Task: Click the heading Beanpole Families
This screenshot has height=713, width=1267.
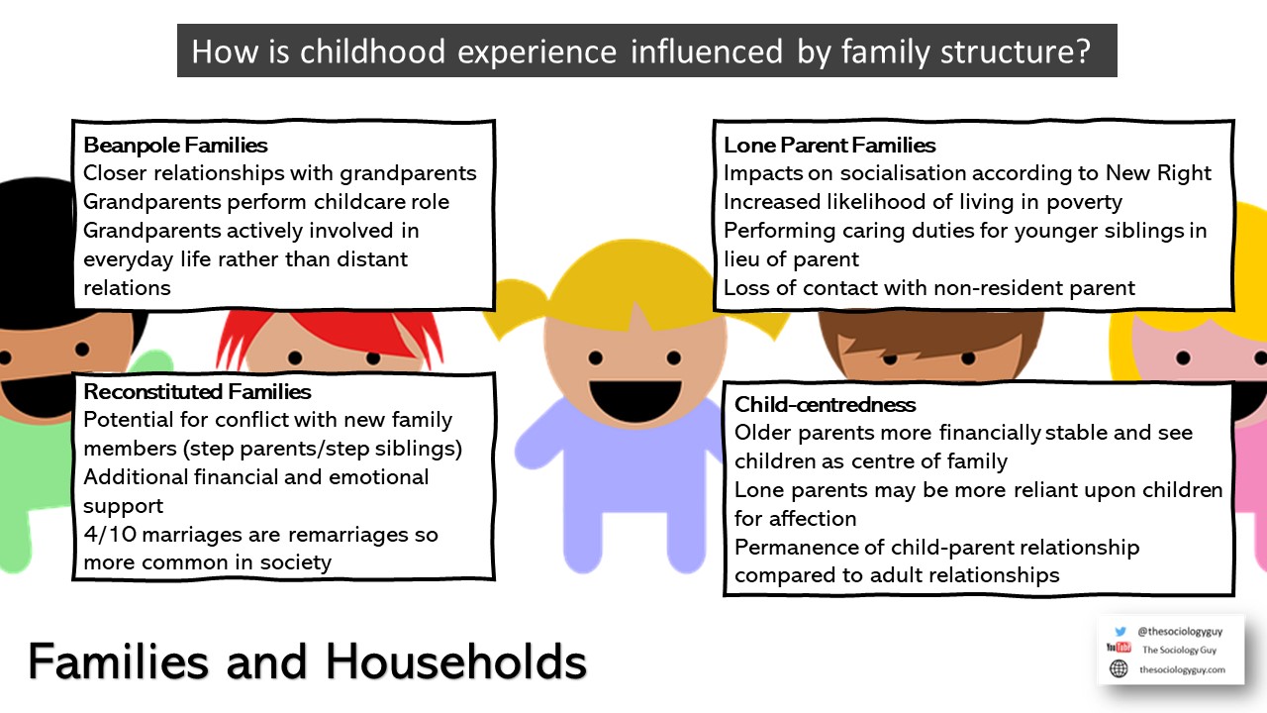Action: pos(175,146)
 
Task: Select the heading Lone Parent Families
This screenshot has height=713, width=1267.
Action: pos(829,146)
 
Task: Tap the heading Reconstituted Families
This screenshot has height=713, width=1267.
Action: pos(197,391)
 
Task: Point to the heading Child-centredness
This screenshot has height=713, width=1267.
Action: pos(825,405)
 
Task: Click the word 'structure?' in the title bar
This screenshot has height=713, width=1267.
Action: pos(1016,52)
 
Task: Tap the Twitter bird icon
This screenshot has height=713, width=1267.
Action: pos(1120,631)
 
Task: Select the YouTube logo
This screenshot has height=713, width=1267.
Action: pos(1119,648)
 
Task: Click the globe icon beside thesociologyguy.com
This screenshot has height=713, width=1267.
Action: pos(1119,668)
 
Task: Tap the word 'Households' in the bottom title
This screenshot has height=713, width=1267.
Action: pos(456,662)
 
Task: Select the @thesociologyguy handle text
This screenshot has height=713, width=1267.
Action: pos(1180,631)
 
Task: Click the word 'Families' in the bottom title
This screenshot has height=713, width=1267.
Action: pos(119,662)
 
